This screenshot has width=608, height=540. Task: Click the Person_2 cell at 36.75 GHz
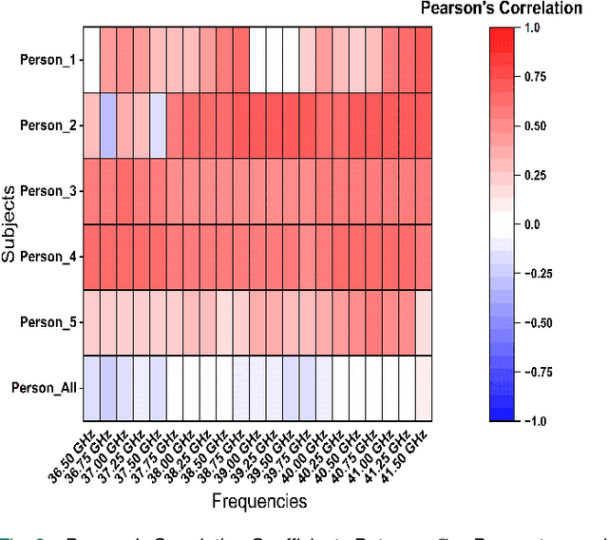(x=108, y=125)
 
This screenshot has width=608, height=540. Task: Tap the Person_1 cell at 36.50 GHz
(x=91, y=59)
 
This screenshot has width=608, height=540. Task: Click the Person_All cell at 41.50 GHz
(x=424, y=387)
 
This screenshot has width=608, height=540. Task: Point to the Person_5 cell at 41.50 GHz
(x=424, y=321)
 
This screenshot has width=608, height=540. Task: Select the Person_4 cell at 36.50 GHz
(x=91, y=256)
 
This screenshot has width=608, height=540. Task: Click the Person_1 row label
(x=47, y=59)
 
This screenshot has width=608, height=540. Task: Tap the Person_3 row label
(x=47, y=190)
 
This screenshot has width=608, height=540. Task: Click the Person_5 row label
(x=47, y=321)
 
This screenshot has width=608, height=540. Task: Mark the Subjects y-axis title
(x=10, y=223)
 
